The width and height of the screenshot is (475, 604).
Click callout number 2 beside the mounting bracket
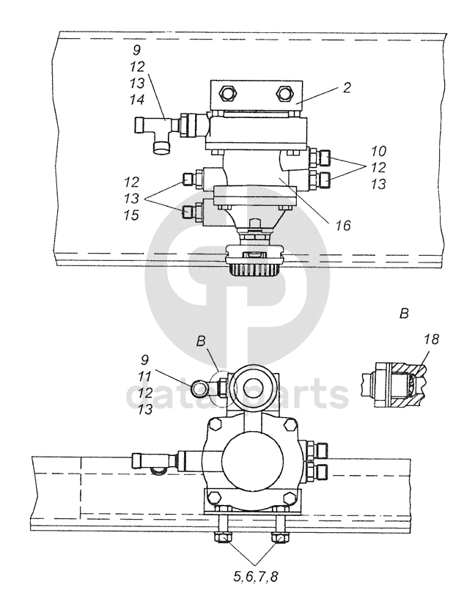347,88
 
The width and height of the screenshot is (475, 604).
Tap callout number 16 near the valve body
342,225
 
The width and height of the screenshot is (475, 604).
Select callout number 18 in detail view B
431,339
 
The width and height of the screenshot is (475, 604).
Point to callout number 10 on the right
378,151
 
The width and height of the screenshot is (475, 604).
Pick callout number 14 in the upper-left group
137,100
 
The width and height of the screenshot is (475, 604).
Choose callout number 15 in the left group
131,215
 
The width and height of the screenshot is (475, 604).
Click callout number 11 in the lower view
144,376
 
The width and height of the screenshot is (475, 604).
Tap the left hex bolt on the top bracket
227,92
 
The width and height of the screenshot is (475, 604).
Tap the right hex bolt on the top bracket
284,92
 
